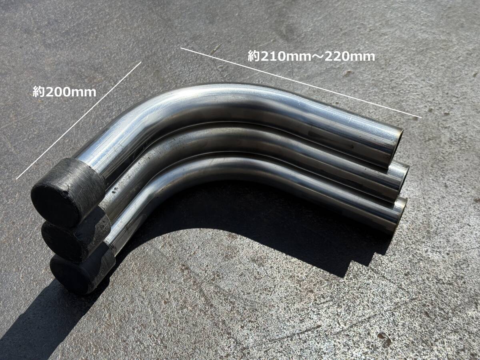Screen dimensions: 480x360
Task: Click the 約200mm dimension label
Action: pos(64,92)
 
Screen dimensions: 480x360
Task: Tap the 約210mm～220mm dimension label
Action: pos(311,56)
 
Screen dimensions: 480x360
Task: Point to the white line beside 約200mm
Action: pos(79,120)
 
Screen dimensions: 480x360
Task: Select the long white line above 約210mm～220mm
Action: pos(301,83)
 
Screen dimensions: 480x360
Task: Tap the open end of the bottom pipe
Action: pos(401,215)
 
